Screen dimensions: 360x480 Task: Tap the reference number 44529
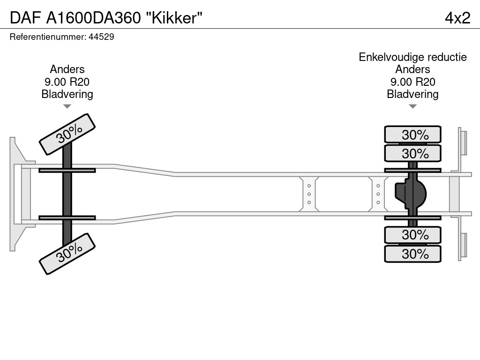pos(101,37)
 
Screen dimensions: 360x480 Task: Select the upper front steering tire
pos(67,134)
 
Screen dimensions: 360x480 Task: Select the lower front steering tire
pos(67,254)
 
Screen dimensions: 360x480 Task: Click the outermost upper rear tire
pos(412,135)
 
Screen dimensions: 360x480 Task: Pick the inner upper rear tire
pos(412,153)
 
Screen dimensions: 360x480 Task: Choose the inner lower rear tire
pos(412,234)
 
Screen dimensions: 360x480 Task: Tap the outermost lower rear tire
pos(412,254)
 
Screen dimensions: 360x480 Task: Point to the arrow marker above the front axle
pos(67,107)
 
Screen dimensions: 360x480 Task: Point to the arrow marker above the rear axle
pos(412,107)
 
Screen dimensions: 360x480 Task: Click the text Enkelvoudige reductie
pos(412,57)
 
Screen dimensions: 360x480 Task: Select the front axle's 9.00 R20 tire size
pos(67,82)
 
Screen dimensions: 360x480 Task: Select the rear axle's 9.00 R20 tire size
pos(412,82)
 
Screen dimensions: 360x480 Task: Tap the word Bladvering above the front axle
pos(67,94)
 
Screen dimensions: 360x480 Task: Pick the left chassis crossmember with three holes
pos(309,194)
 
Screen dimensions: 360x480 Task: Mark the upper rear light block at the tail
pos(463,142)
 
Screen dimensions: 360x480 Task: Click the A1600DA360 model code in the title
pos(94,18)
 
